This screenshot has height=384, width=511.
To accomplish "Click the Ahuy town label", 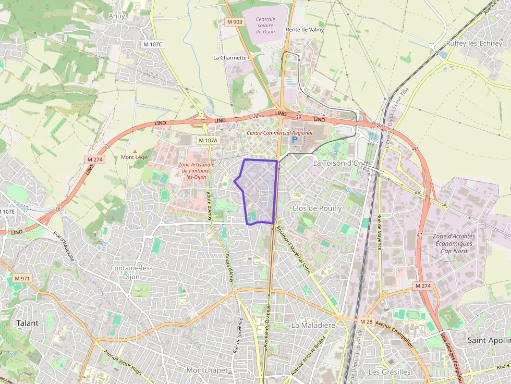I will coord(116,16).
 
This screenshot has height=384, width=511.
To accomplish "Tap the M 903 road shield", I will coord(235,22).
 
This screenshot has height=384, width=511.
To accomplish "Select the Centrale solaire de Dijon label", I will coord(265,26).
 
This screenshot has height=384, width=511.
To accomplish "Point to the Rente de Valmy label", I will coord(305,30).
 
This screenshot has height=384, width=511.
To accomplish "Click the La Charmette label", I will coord(230,57).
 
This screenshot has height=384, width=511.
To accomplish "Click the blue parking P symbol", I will coord(294,140).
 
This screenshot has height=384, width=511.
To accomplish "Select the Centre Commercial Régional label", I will coord(279,133).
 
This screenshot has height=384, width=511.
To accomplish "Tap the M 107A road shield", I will coord(208,140).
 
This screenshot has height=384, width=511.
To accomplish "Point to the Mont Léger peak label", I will coord(135,157).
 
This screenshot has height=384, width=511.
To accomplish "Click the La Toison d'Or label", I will coord(337,163).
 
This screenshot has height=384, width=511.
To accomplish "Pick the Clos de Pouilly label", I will coord(317,208).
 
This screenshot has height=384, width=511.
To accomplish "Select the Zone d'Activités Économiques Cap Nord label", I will coord(453,243).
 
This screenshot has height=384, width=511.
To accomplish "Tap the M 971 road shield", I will coord(22,279).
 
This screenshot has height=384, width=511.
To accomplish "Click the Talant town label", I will coord(27,323).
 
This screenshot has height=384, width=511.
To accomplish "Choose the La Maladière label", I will coord(312,325).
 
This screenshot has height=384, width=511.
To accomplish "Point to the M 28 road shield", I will coord(367,321).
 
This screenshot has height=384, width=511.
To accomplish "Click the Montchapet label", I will coord(206,370).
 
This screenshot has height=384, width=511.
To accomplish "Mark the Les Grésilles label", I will coord(389,372).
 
